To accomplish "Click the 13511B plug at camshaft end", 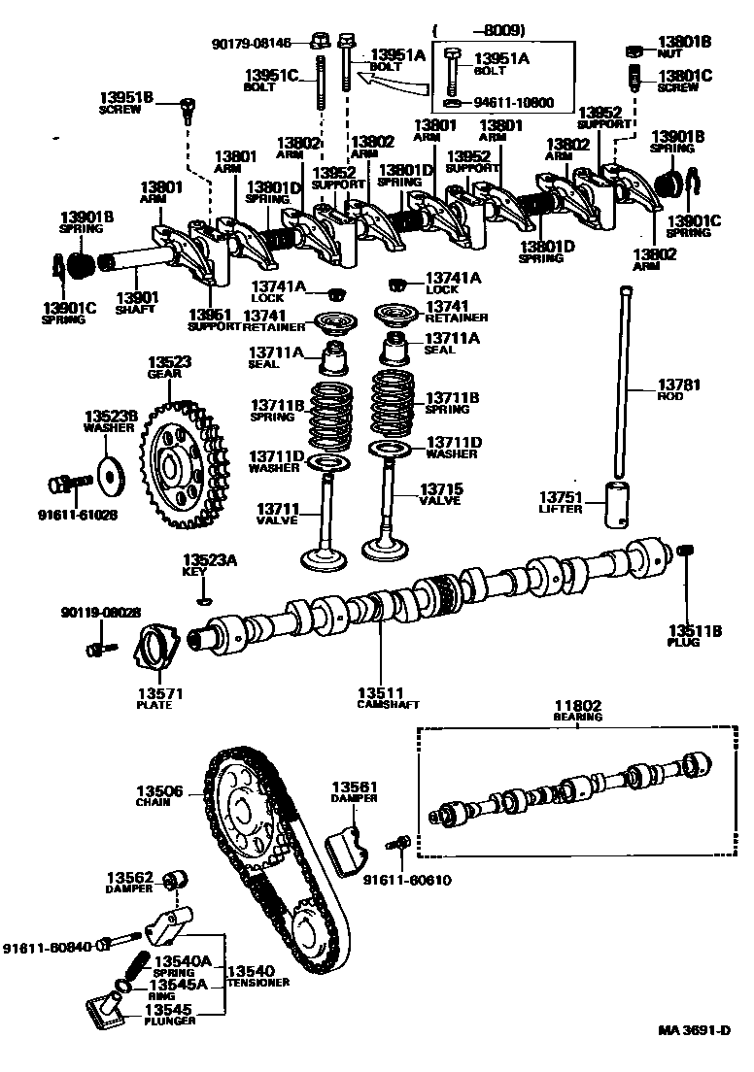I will coord(684,553).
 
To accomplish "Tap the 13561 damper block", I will coord(347,846).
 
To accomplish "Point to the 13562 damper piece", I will coord(176,879).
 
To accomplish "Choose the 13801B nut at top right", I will coord(633,49).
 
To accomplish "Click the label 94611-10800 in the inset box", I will coord(513,101).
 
